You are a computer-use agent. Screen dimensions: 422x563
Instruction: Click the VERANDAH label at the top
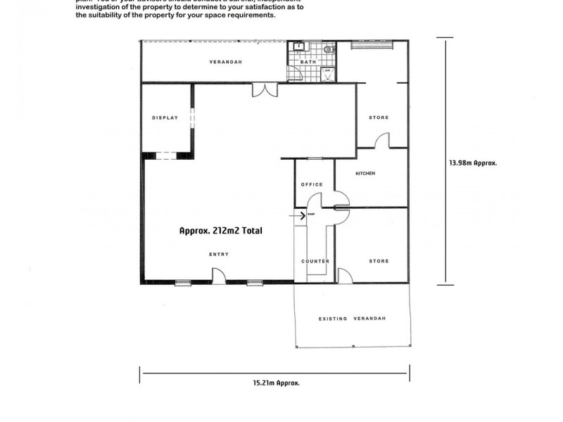[226, 62]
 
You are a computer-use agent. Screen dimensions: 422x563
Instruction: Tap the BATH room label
[308, 63]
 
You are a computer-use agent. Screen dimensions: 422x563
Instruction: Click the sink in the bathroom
[298, 48]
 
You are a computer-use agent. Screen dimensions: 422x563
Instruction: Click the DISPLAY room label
[165, 117]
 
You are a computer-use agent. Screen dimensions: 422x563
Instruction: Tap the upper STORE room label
[379, 117]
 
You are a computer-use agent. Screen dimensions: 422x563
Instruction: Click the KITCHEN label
[366, 173]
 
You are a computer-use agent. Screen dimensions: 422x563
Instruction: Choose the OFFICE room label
[312, 184]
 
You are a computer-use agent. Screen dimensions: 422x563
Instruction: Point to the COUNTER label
[315, 262]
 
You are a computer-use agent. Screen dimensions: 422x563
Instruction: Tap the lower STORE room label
[379, 262]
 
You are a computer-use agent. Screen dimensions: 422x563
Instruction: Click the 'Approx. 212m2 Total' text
[220, 230]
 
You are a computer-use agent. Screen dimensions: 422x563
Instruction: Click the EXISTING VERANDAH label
[352, 319]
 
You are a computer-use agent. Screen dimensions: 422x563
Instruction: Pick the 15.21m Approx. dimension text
[277, 383]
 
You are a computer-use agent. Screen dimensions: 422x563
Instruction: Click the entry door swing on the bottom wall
[219, 277]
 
